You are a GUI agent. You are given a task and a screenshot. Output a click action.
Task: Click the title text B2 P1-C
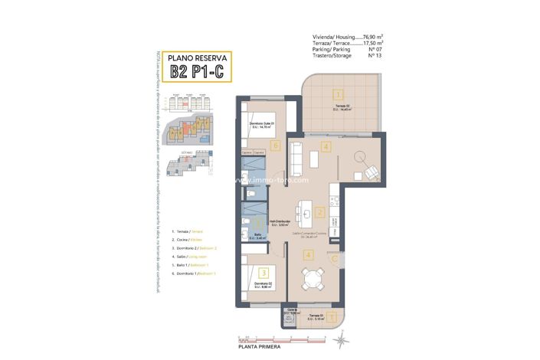point(197,72)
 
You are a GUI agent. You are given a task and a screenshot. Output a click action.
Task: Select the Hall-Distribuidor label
point(278,222)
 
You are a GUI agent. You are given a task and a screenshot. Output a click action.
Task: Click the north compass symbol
point(342,335)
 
